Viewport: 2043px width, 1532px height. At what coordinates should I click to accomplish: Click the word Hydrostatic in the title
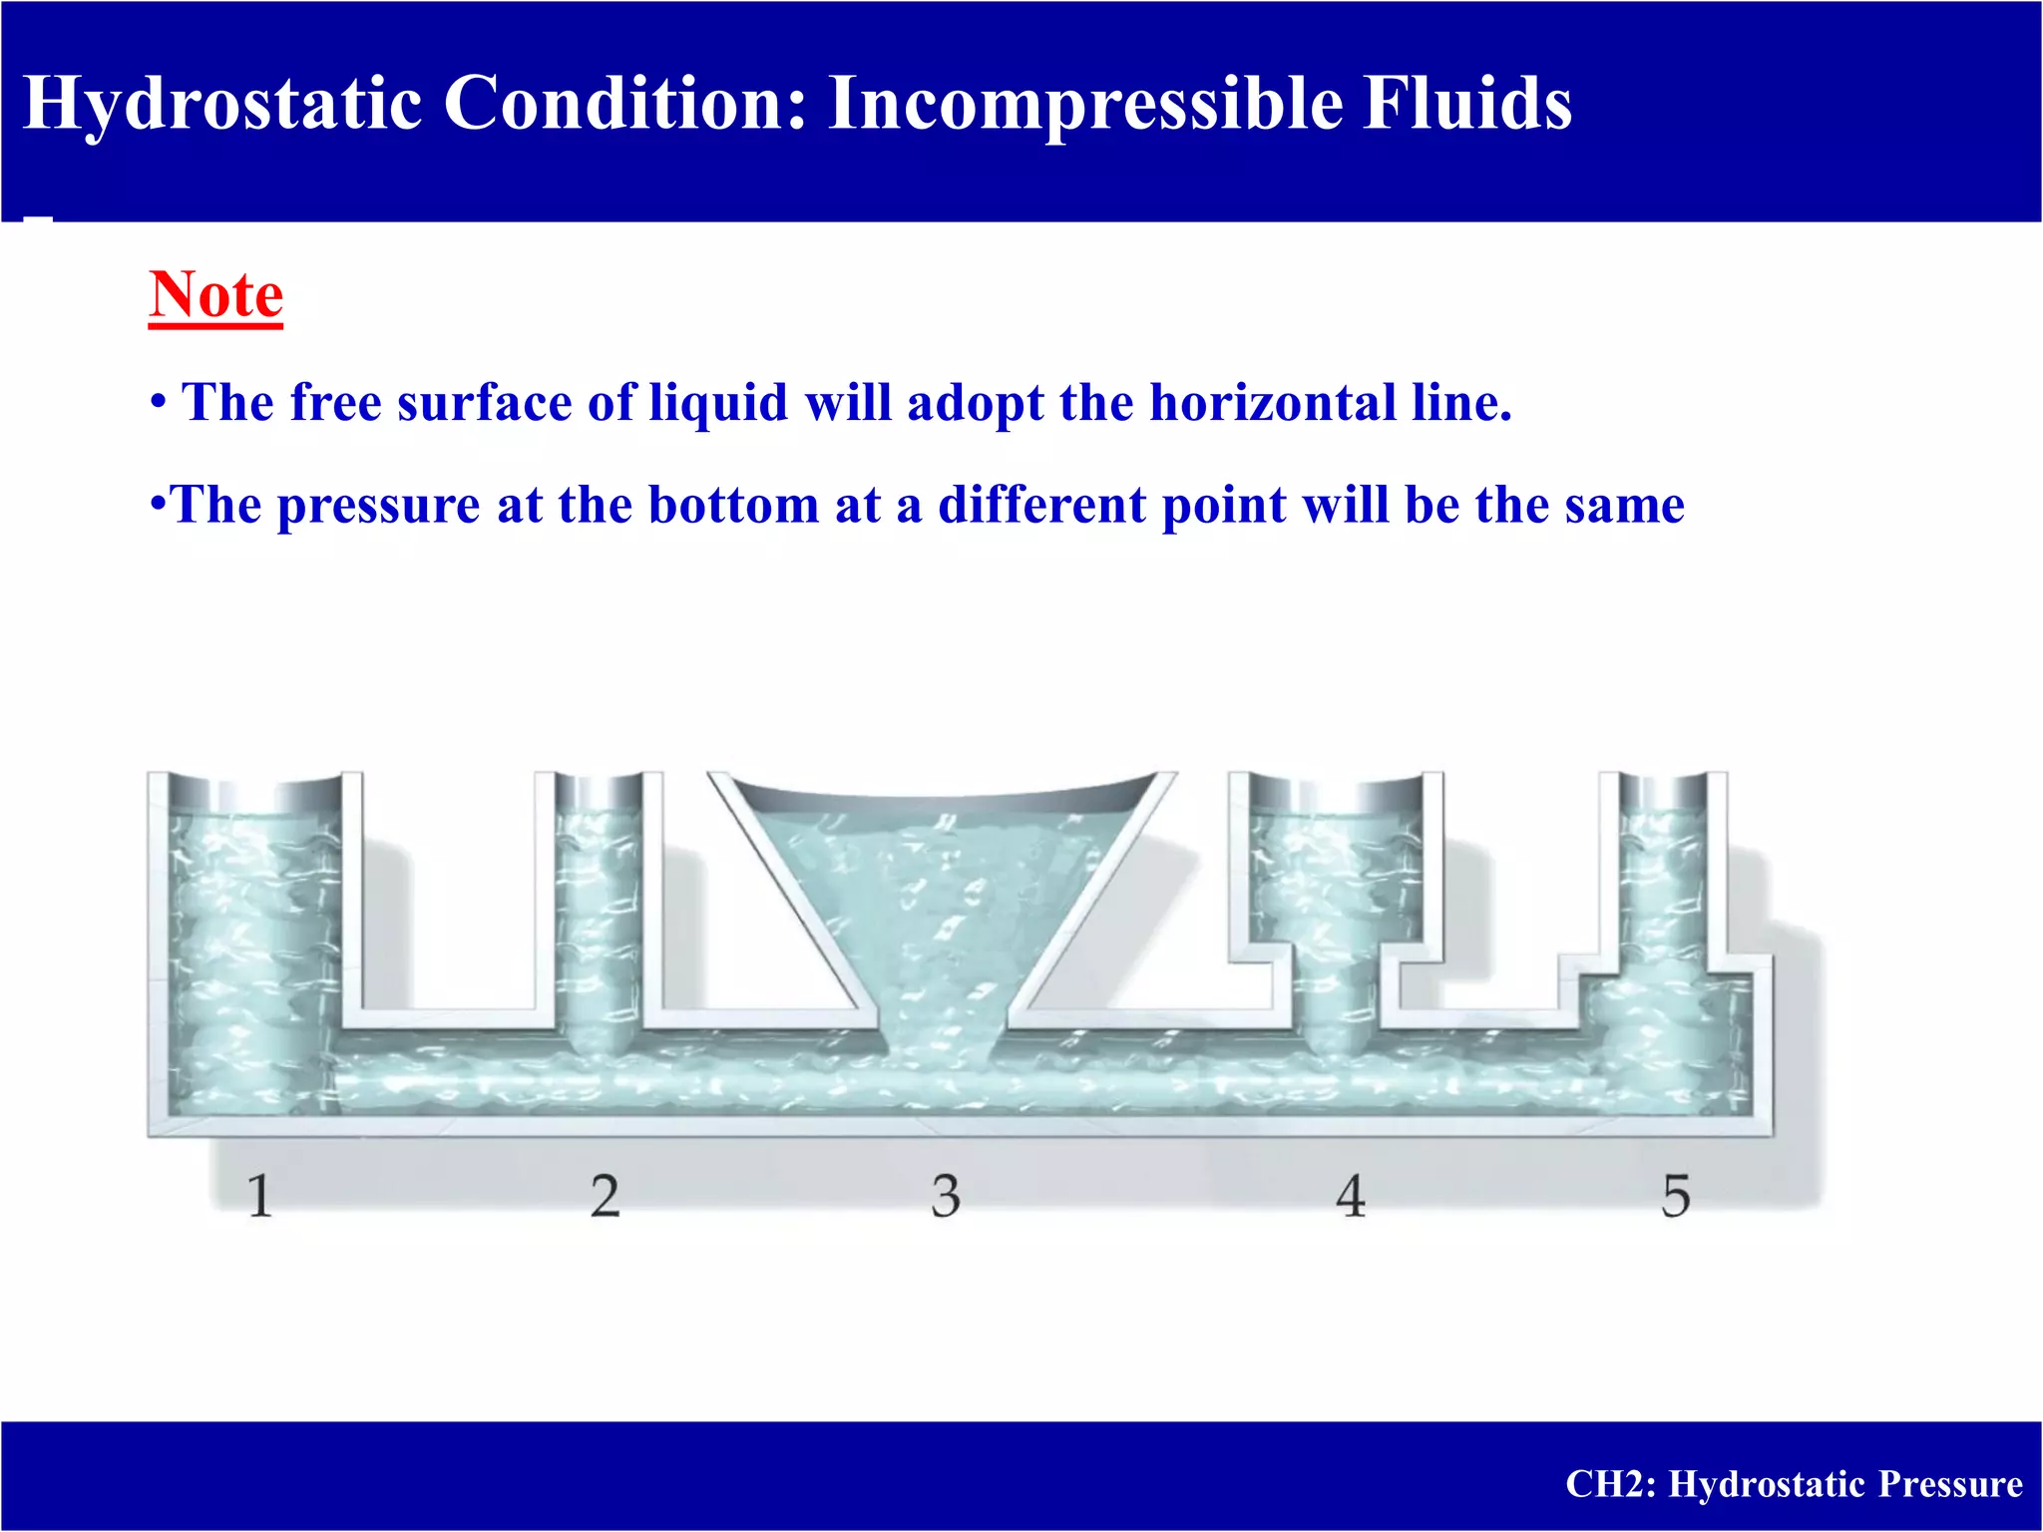point(221,104)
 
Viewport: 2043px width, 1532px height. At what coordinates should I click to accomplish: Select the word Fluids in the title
point(1466,104)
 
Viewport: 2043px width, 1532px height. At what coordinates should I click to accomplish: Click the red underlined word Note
point(216,295)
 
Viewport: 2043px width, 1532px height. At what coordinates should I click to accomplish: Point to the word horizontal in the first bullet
point(1273,403)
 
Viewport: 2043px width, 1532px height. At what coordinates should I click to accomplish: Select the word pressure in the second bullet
point(379,505)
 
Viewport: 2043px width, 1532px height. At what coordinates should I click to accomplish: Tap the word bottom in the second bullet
point(734,505)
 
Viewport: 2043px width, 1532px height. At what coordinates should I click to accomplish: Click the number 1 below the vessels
point(259,1196)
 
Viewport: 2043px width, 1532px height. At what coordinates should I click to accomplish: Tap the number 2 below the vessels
point(605,1196)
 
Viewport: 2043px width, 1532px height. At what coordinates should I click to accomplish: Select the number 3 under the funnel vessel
point(946,1196)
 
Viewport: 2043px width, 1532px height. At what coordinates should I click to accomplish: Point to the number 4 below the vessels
point(1350,1196)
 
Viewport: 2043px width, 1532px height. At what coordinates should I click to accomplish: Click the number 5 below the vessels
point(1676,1196)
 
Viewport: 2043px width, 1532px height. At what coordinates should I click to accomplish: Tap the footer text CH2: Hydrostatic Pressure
point(1793,1484)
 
